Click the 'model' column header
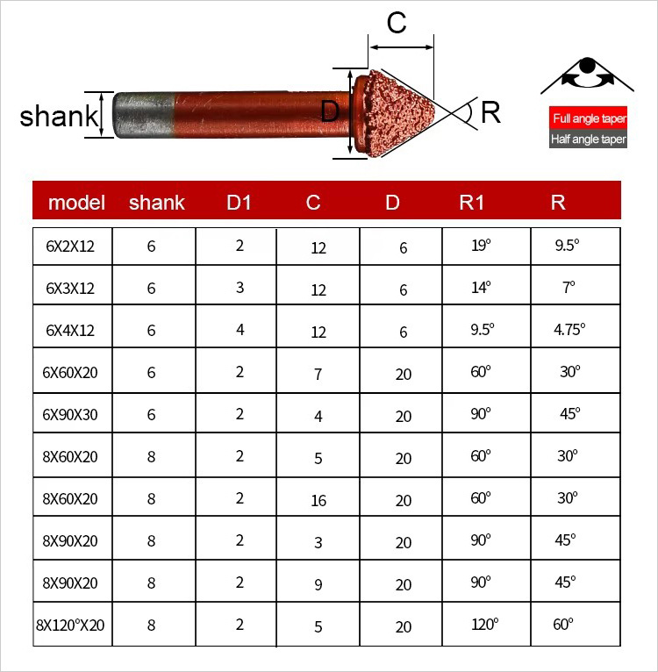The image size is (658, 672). point(76,203)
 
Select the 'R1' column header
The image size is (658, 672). point(471,203)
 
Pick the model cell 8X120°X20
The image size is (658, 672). point(69,626)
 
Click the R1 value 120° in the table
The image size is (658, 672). point(483,625)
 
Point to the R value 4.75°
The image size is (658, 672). point(569,330)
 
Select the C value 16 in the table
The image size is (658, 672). point(318,500)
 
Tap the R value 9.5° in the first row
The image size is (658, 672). point(568,247)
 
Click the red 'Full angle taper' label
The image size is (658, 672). point(588,118)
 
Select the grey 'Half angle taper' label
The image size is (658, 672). point(588,139)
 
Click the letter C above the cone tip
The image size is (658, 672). point(397,24)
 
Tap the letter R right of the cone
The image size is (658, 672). point(491,112)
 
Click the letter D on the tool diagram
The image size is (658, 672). point(330,111)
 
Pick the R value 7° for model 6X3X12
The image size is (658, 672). point(569,287)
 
